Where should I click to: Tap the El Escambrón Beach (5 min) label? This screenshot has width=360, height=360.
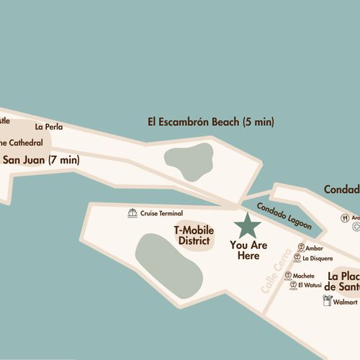click(x=210, y=122)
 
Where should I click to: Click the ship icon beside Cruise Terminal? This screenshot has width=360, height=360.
click(x=132, y=213)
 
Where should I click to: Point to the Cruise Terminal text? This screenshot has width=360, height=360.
click(x=161, y=213)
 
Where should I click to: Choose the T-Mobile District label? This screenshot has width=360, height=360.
click(x=194, y=235)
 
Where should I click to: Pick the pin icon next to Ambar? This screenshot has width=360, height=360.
click(x=298, y=248)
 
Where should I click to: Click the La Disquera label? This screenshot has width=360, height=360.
click(x=317, y=258)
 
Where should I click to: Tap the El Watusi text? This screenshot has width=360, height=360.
click(x=310, y=285)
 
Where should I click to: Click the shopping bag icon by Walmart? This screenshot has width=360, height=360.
click(x=327, y=302)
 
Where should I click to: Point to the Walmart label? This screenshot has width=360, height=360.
click(x=346, y=302)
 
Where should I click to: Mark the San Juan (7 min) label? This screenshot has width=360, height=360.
click(x=40, y=160)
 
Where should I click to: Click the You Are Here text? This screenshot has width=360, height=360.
click(x=248, y=251)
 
